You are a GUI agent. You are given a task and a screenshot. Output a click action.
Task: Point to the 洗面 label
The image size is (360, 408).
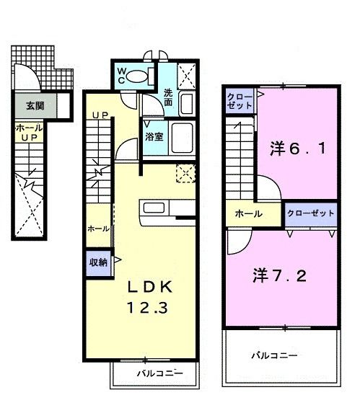coord(167,98)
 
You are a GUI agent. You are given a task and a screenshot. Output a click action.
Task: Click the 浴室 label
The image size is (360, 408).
coord(153,136)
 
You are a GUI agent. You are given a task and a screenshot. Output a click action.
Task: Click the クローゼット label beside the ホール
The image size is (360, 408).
coord(310,213)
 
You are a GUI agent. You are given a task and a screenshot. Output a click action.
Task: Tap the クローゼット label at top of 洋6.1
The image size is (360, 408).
coord(240,100)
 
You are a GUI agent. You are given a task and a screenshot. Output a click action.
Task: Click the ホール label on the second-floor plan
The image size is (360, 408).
coord(247,214)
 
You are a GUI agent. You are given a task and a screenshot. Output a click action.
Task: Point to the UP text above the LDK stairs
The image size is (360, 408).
coord(100,115)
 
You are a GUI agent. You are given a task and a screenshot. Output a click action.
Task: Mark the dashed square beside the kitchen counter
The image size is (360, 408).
coord(186,174)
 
